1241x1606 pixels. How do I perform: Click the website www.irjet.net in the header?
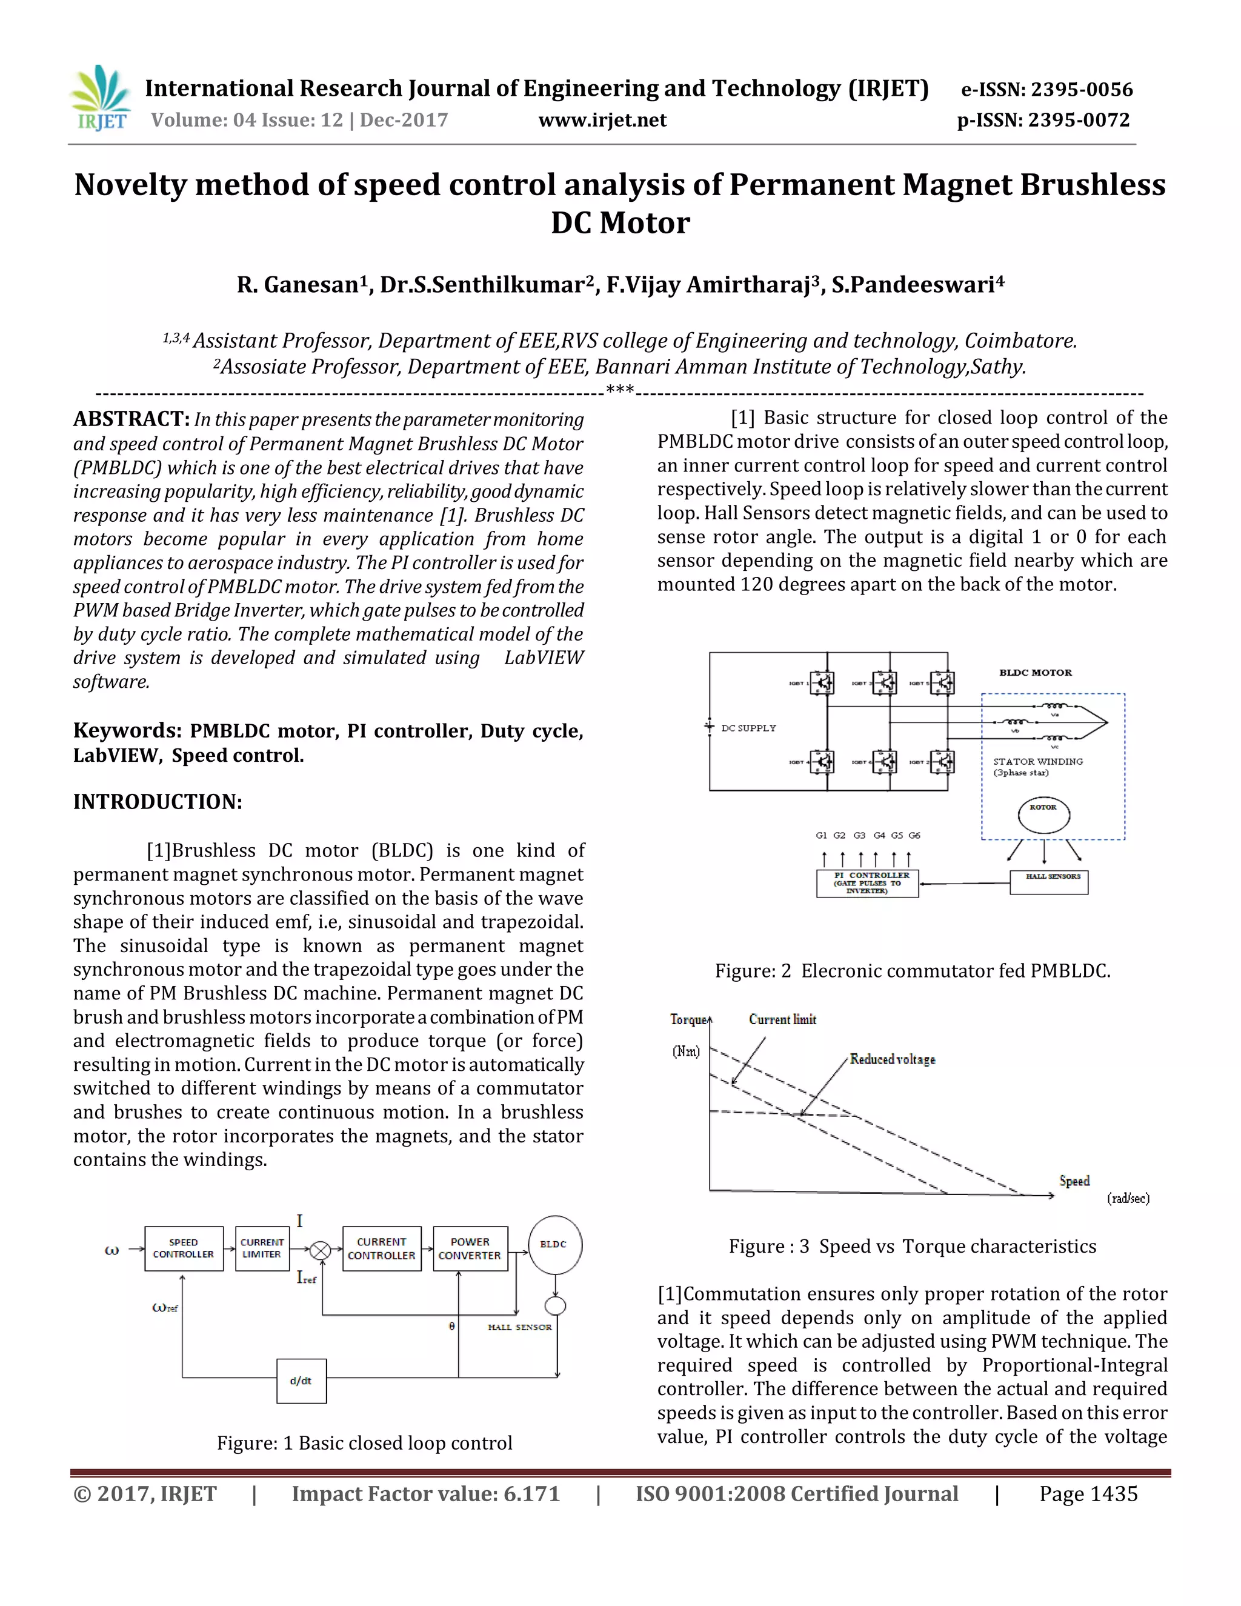click(x=602, y=120)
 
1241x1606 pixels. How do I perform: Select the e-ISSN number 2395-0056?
click(x=1082, y=90)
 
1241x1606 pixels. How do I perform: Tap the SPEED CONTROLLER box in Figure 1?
click(x=183, y=1248)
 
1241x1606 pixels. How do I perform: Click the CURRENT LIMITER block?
click(x=262, y=1248)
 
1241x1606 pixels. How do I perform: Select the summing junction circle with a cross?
click(x=320, y=1250)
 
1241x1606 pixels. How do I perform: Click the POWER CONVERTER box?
click(x=470, y=1248)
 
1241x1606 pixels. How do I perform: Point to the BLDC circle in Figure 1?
click(x=554, y=1245)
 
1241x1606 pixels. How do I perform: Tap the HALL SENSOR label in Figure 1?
click(x=519, y=1327)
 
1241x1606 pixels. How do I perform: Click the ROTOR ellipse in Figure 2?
click(x=1043, y=814)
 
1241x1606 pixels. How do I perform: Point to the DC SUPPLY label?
click(x=748, y=728)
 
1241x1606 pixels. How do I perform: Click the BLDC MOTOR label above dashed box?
click(x=1035, y=673)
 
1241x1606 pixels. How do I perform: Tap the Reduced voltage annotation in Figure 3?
click(x=893, y=1059)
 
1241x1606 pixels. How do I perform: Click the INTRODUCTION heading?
click(x=158, y=802)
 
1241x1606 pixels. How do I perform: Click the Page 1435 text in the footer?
click(x=1088, y=1493)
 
